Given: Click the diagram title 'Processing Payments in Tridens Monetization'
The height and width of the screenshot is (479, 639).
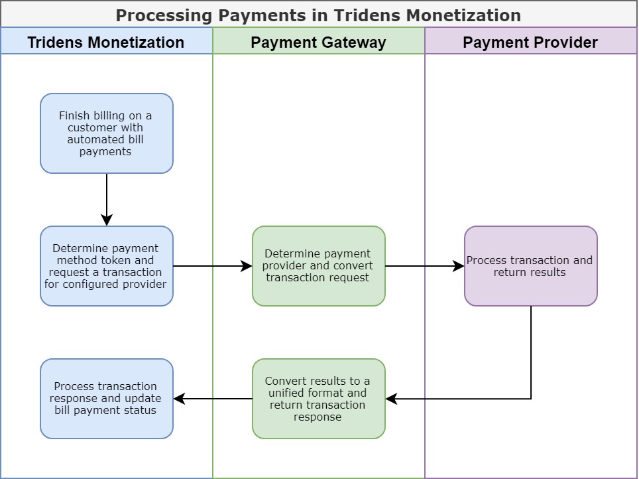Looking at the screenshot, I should [x=318, y=15].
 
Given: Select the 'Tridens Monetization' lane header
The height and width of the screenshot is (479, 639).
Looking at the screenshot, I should [x=106, y=42].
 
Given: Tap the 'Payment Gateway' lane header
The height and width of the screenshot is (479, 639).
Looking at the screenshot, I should [x=318, y=42].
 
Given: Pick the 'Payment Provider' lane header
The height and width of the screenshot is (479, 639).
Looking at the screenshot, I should [x=530, y=42].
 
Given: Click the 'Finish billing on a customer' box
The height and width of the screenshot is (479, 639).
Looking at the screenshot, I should [x=106, y=133].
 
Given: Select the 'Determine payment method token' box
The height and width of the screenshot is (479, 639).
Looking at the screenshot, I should [x=106, y=266].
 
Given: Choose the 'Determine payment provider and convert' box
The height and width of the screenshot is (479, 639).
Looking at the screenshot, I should [x=318, y=266].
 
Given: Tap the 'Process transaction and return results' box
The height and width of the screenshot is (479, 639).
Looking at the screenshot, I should [x=530, y=266].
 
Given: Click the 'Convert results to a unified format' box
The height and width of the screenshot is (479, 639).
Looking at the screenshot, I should [x=318, y=399].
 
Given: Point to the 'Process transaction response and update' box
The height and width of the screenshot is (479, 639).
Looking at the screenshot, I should [x=106, y=399].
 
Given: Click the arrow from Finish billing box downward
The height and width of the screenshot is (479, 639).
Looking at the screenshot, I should [x=107, y=199].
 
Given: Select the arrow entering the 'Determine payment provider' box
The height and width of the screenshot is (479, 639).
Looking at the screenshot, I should [x=212, y=266].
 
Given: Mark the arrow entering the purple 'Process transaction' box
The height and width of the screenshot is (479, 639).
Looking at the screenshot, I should [x=424, y=266].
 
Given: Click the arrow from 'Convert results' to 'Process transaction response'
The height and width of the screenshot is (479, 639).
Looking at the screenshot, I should [x=212, y=399].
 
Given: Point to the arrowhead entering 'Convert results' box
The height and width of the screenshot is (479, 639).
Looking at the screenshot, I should [x=391, y=399].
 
